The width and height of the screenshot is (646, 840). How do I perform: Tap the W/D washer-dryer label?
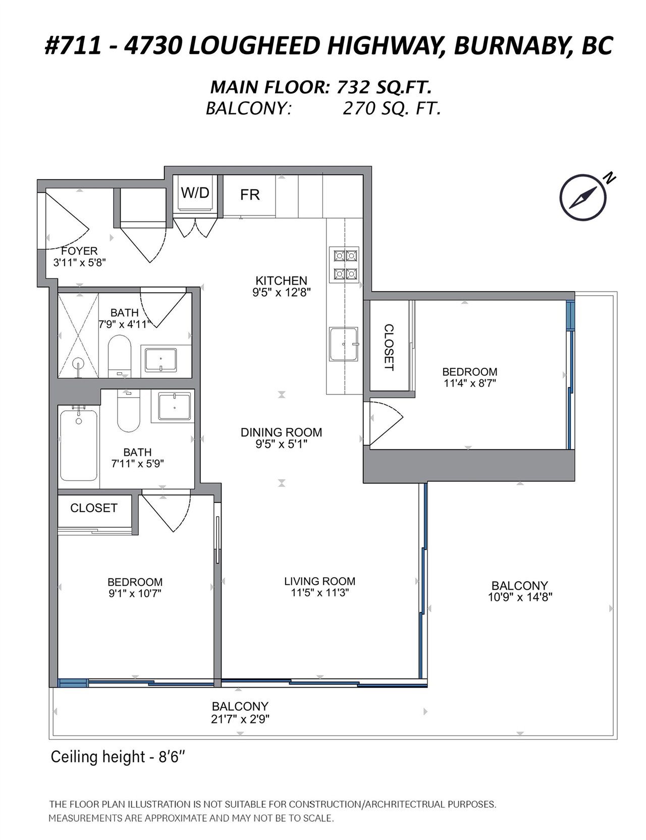(195, 193)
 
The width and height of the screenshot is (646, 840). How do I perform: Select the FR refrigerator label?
(250, 195)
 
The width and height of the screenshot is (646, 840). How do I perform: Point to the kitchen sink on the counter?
(344, 344)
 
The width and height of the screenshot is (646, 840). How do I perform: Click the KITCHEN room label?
(281, 281)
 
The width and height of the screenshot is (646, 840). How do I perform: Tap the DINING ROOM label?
(281, 432)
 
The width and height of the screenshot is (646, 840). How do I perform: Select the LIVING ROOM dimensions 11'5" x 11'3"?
(319, 593)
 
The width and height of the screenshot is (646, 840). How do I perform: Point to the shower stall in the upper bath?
(78, 335)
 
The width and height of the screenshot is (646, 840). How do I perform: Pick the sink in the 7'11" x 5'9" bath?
(175, 407)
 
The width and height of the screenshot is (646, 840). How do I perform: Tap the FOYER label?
(79, 251)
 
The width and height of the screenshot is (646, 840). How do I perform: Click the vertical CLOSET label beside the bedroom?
(389, 348)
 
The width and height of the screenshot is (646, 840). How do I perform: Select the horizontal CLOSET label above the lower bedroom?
(94, 508)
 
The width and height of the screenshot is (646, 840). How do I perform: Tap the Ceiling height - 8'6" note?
(120, 757)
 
